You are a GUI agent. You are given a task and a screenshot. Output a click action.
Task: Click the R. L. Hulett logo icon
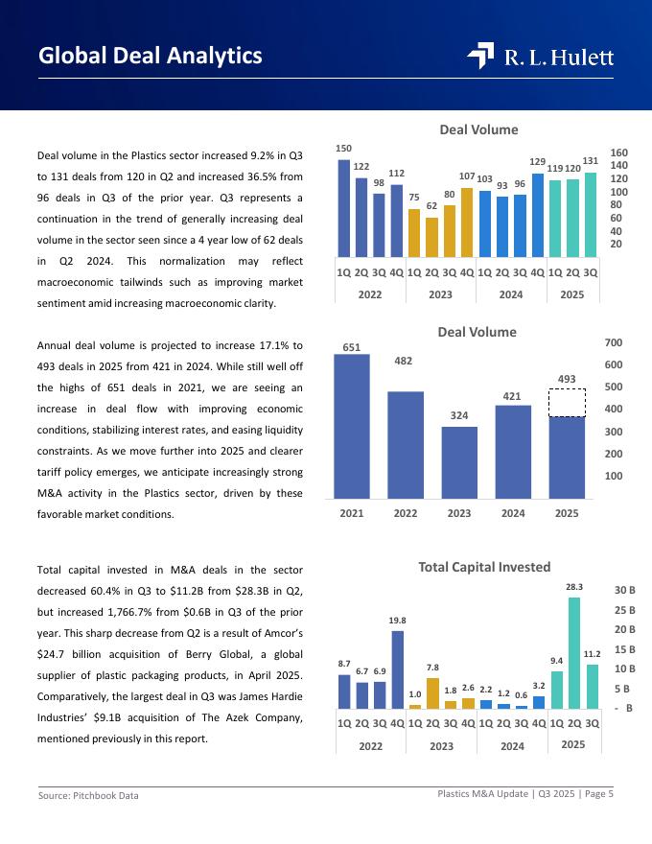click(x=480, y=57)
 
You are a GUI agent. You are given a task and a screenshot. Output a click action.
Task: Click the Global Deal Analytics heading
click(x=151, y=56)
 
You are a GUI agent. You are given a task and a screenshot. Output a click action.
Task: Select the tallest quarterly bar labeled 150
click(x=344, y=206)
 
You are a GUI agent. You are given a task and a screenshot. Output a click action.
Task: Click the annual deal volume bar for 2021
click(x=351, y=427)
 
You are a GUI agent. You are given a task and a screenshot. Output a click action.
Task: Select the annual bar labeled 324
click(x=459, y=462)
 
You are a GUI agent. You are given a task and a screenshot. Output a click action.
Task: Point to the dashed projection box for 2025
click(x=567, y=403)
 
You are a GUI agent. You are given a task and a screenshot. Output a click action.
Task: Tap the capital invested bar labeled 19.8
click(x=398, y=669)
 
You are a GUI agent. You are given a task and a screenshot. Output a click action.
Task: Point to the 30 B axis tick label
click(x=625, y=590)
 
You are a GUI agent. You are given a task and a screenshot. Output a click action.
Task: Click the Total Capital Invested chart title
click(x=484, y=567)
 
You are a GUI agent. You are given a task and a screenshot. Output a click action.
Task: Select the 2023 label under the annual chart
click(x=459, y=513)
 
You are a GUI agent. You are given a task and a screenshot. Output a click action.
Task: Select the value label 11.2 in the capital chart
click(x=592, y=654)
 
